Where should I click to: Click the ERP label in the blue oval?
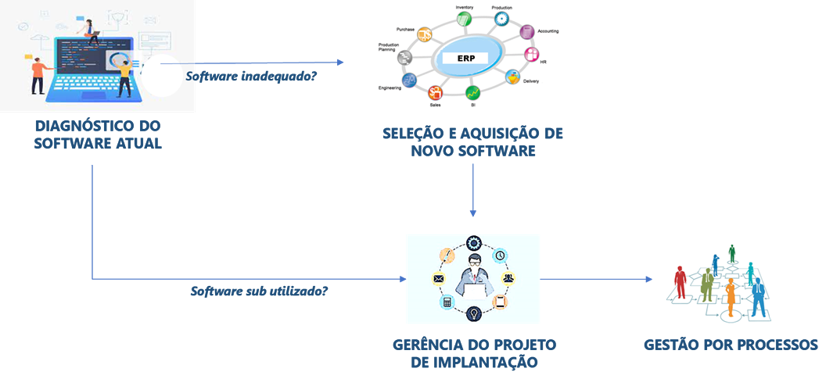(x=465, y=58)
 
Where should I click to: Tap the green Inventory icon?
(x=465, y=20)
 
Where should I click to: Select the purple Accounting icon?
(x=526, y=32)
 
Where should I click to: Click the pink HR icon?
(x=532, y=55)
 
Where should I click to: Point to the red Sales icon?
(x=436, y=93)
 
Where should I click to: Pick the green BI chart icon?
(x=472, y=93)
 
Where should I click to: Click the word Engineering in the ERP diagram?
(x=390, y=88)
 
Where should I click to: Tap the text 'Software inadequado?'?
(x=250, y=77)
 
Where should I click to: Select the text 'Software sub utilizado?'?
(x=259, y=291)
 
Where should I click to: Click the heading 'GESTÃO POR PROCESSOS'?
(x=731, y=345)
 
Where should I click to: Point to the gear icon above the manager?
(x=473, y=242)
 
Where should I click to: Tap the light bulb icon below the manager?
(x=473, y=314)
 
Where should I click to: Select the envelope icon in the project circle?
(x=438, y=278)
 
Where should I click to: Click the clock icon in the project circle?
(x=499, y=255)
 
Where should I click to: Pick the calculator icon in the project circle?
(x=447, y=302)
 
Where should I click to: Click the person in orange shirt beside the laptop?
(x=36, y=73)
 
